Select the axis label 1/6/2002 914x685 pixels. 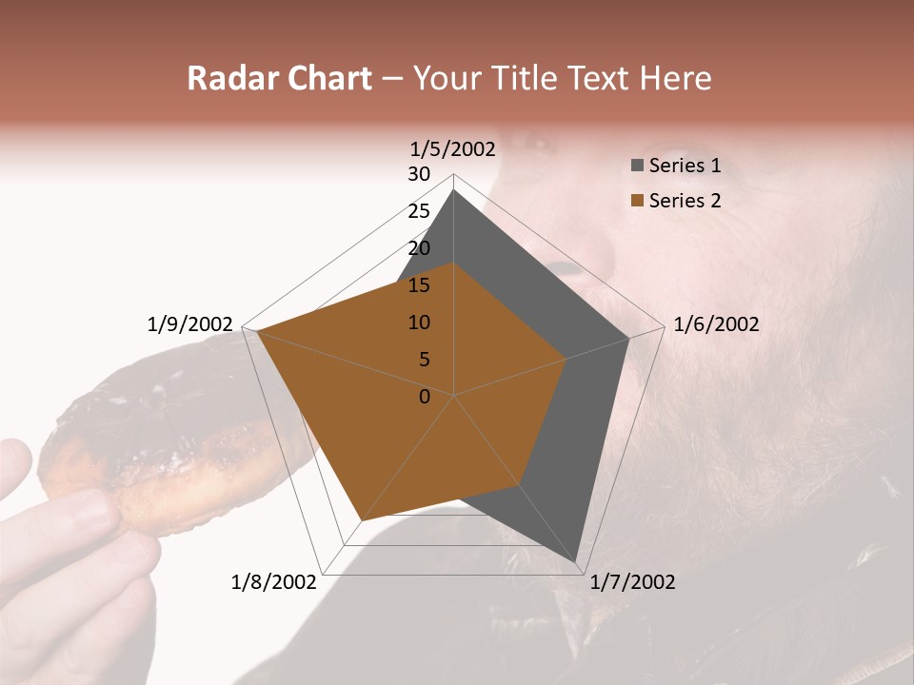click(x=716, y=324)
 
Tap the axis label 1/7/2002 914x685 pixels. click(x=632, y=582)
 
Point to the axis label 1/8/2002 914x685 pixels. click(x=274, y=582)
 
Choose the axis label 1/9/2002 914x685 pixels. click(x=190, y=324)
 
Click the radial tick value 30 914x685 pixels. click(x=419, y=174)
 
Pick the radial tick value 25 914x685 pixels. click(x=419, y=211)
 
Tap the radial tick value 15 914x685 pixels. click(x=419, y=285)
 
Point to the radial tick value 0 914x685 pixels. click(x=425, y=397)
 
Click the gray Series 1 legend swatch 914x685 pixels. click(x=637, y=166)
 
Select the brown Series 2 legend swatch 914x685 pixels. click(x=637, y=201)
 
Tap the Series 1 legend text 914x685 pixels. click(x=685, y=166)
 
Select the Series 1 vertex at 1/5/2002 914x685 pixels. click(x=453, y=190)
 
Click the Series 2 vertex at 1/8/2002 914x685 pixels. click(x=362, y=520)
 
